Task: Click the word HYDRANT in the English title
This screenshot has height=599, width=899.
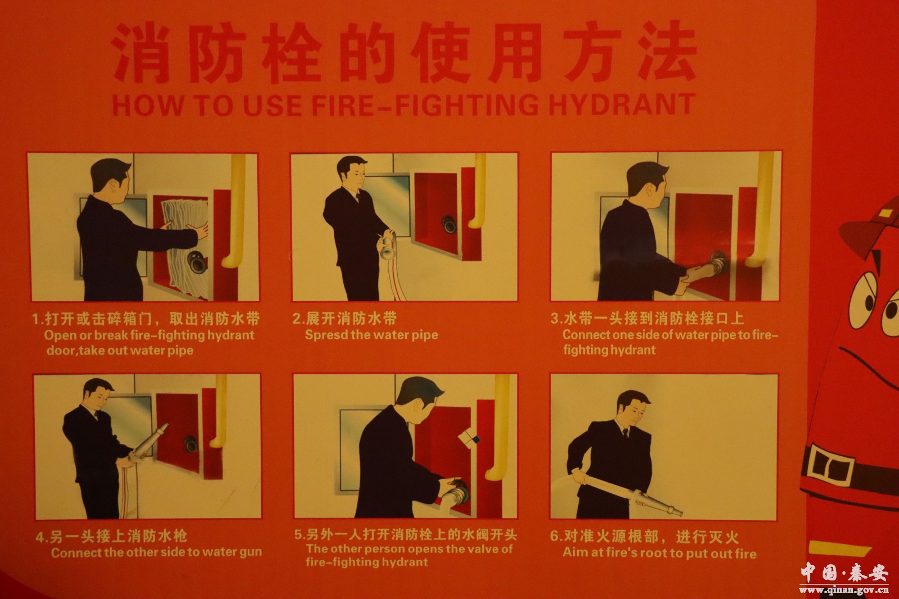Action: click(621, 105)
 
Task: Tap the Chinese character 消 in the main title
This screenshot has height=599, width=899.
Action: click(139, 52)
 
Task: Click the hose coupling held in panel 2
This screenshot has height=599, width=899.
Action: click(388, 247)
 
